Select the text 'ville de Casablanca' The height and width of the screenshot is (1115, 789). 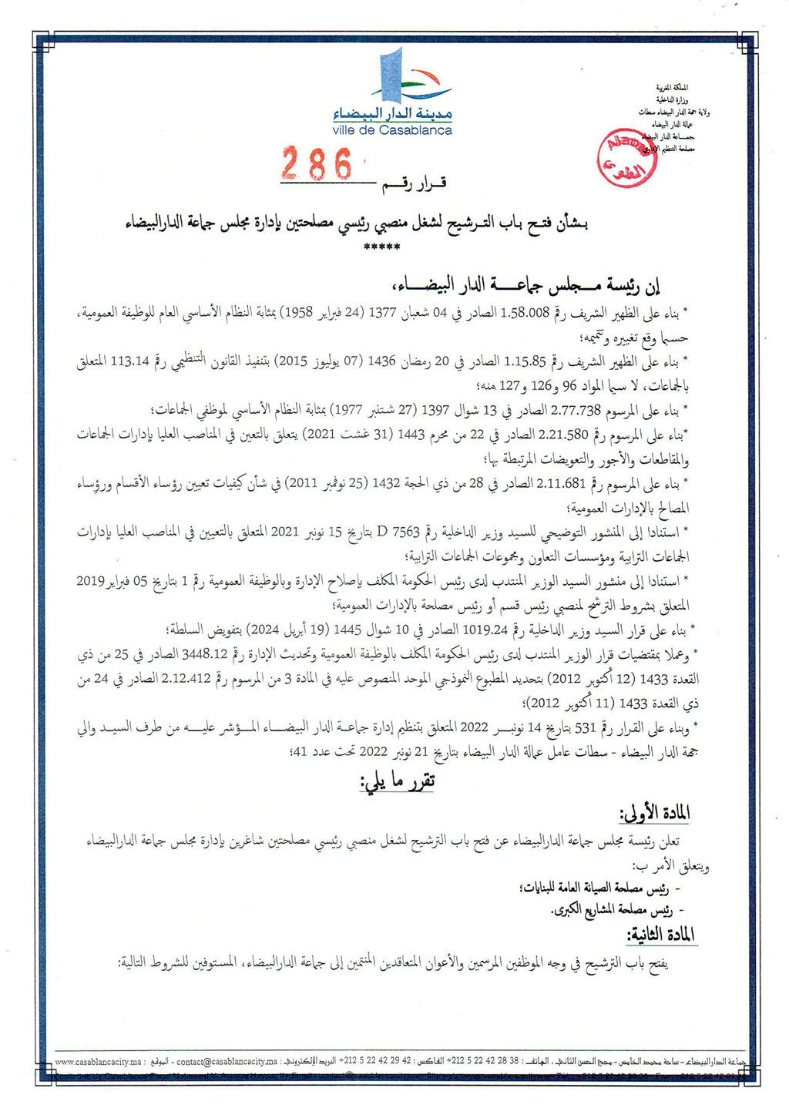[x=392, y=131]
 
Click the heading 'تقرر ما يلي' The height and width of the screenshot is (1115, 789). [x=398, y=781]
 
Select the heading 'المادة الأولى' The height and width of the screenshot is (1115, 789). [x=654, y=813]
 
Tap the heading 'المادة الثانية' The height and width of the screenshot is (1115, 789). [x=661, y=935]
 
